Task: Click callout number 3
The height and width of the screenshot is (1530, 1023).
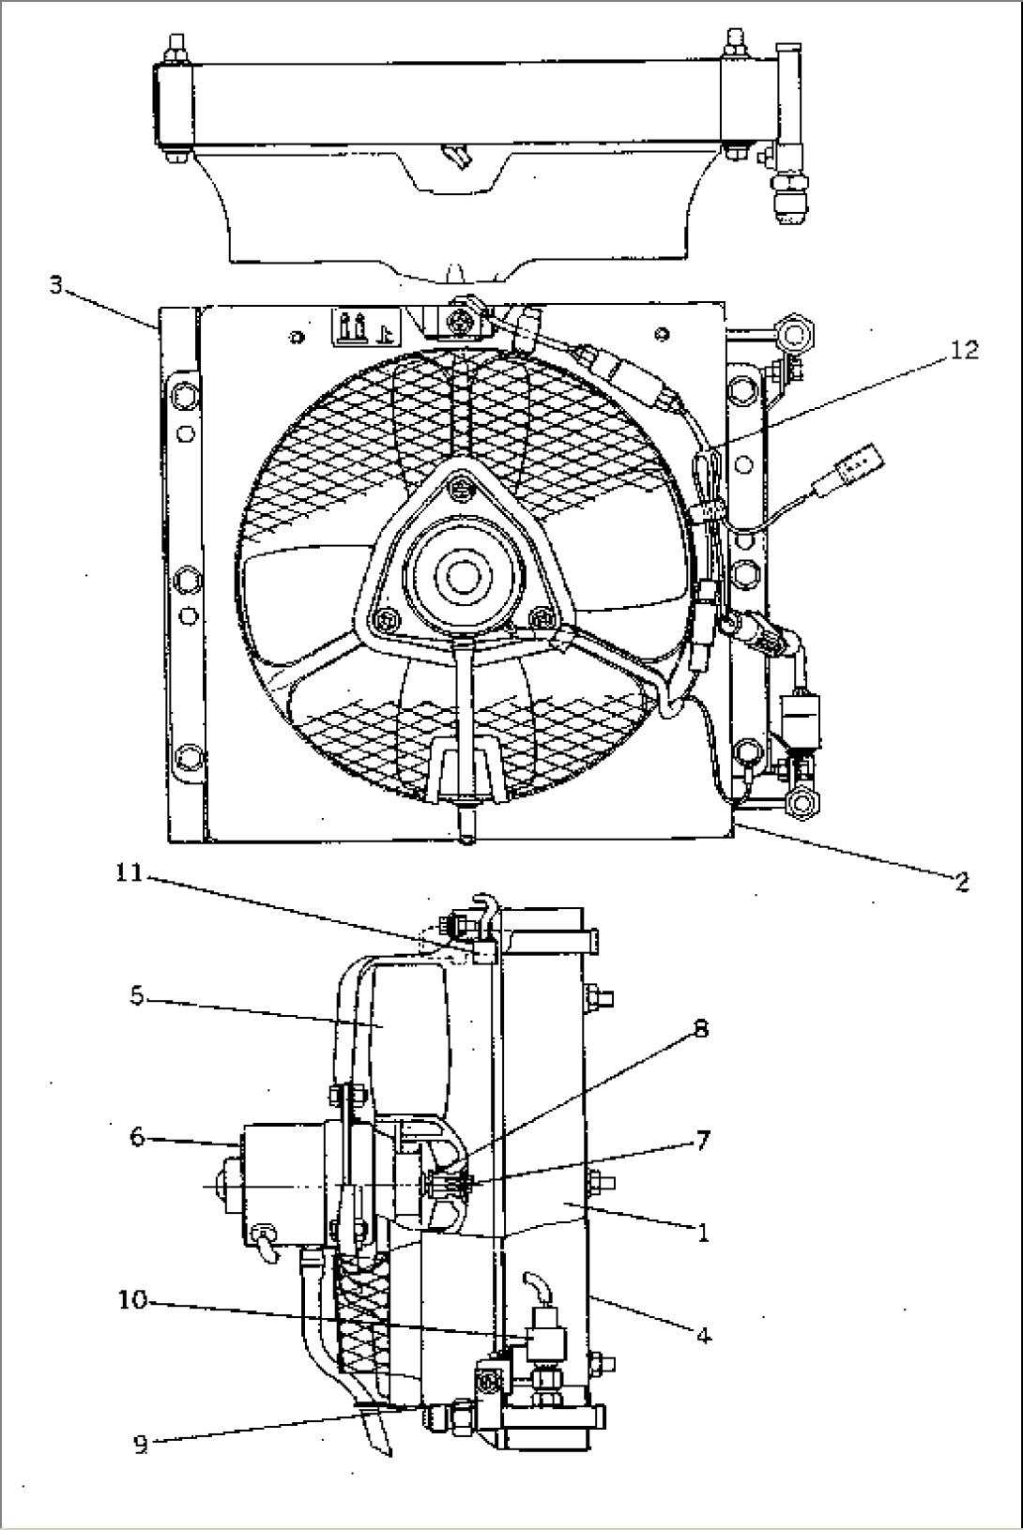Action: pyautogui.click(x=56, y=285)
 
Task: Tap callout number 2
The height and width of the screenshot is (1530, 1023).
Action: pyautogui.click(x=962, y=881)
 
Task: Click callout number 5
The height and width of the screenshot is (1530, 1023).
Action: pyautogui.click(x=137, y=996)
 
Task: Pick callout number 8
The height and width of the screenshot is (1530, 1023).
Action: pyautogui.click(x=700, y=1028)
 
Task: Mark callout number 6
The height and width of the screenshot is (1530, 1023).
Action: pyautogui.click(x=137, y=1137)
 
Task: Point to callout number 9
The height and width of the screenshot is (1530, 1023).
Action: pyautogui.click(x=140, y=1445)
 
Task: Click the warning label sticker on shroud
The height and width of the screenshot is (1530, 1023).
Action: pyautogui.click(x=365, y=327)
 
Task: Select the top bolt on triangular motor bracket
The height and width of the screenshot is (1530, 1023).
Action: pyautogui.click(x=460, y=487)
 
